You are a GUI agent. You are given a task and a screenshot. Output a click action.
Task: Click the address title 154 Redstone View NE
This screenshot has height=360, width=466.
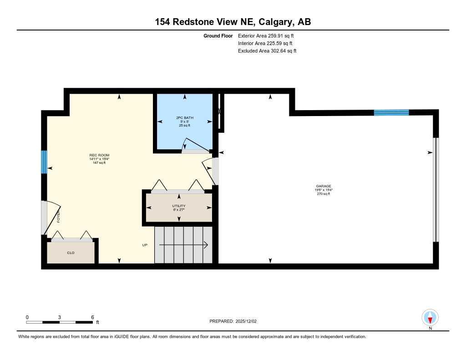tap(233, 22)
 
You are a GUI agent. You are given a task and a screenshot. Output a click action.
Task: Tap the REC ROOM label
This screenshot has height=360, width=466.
tap(99, 155)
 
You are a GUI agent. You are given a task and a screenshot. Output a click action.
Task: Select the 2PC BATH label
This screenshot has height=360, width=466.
tap(185, 118)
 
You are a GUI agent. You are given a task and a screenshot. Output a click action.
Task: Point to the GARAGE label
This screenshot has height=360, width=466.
tap(324, 186)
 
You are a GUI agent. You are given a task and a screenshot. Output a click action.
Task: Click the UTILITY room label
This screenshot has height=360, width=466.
tap(179, 206)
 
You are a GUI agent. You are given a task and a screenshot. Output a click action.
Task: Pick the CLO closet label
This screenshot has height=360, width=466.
tap(71, 253)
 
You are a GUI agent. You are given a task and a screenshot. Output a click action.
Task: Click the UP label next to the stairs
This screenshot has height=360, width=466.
tap(145, 245)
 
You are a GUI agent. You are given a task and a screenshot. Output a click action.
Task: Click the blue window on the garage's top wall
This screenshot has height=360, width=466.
tap(391, 113)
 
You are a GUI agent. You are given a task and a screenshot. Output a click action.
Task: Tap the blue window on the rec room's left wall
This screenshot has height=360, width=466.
tap(44, 162)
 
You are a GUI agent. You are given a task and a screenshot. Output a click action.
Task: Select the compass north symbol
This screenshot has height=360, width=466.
tap(430, 317)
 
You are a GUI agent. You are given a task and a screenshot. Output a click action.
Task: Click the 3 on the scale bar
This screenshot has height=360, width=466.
tap(60, 317)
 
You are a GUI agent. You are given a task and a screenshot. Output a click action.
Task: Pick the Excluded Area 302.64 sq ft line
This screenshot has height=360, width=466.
tap(267, 51)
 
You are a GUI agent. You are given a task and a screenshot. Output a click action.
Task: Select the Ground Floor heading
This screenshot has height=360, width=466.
tap(218, 35)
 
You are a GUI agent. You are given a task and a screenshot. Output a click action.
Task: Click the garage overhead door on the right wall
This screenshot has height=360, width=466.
tap(436, 189)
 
